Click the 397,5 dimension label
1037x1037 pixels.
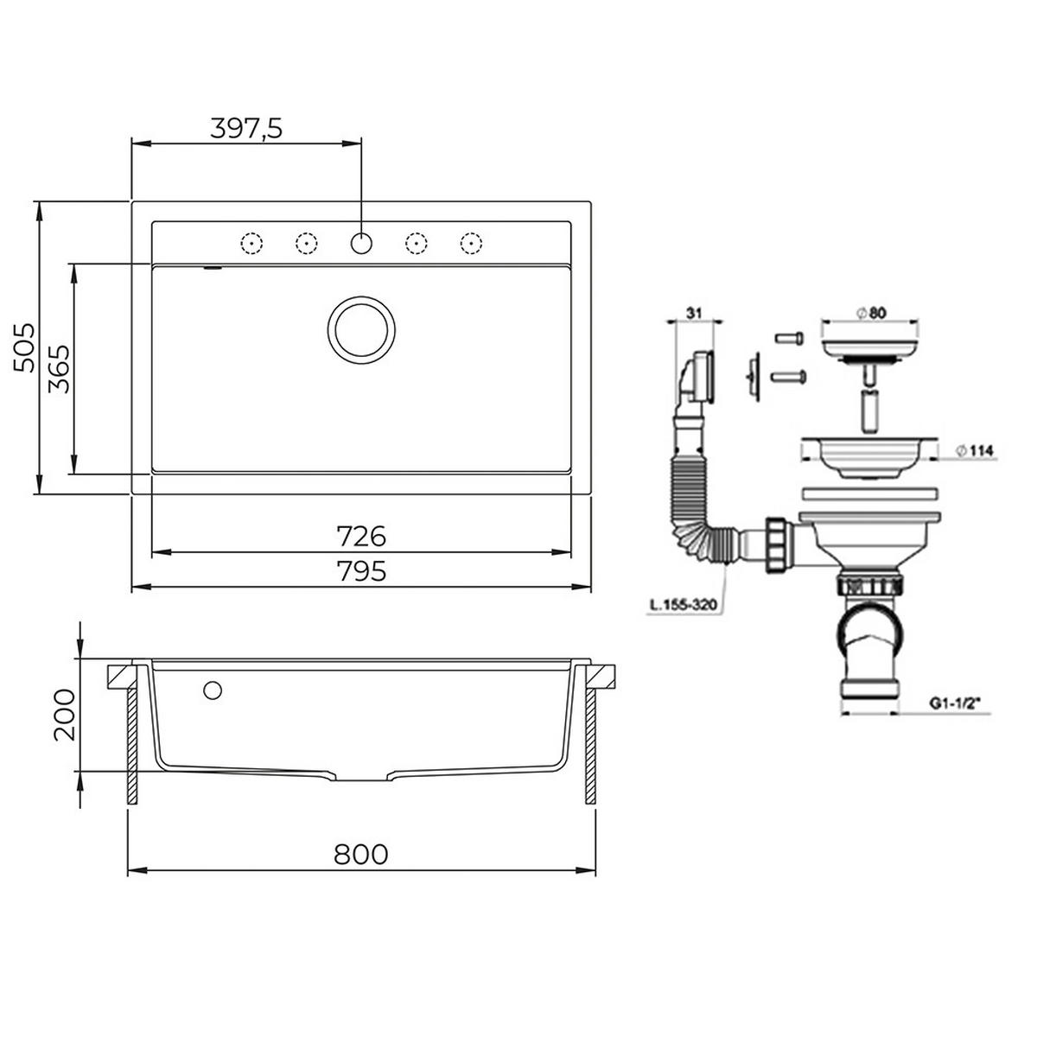click(x=246, y=128)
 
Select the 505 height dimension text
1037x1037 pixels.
click(x=26, y=347)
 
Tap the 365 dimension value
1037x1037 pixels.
click(x=59, y=369)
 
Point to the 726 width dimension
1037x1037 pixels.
click(x=361, y=537)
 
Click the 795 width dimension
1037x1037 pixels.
click(x=361, y=571)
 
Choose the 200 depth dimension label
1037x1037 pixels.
click(x=65, y=715)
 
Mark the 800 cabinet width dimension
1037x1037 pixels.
click(x=361, y=854)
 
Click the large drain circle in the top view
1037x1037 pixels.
click(x=362, y=330)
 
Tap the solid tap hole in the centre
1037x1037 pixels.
click(x=362, y=244)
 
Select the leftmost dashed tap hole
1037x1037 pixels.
click(x=251, y=244)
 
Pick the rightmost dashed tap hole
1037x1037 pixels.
click(x=470, y=244)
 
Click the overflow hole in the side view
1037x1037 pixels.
click(x=212, y=690)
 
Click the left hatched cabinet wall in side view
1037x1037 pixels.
click(x=133, y=743)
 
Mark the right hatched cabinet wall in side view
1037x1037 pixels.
click(x=591, y=743)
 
